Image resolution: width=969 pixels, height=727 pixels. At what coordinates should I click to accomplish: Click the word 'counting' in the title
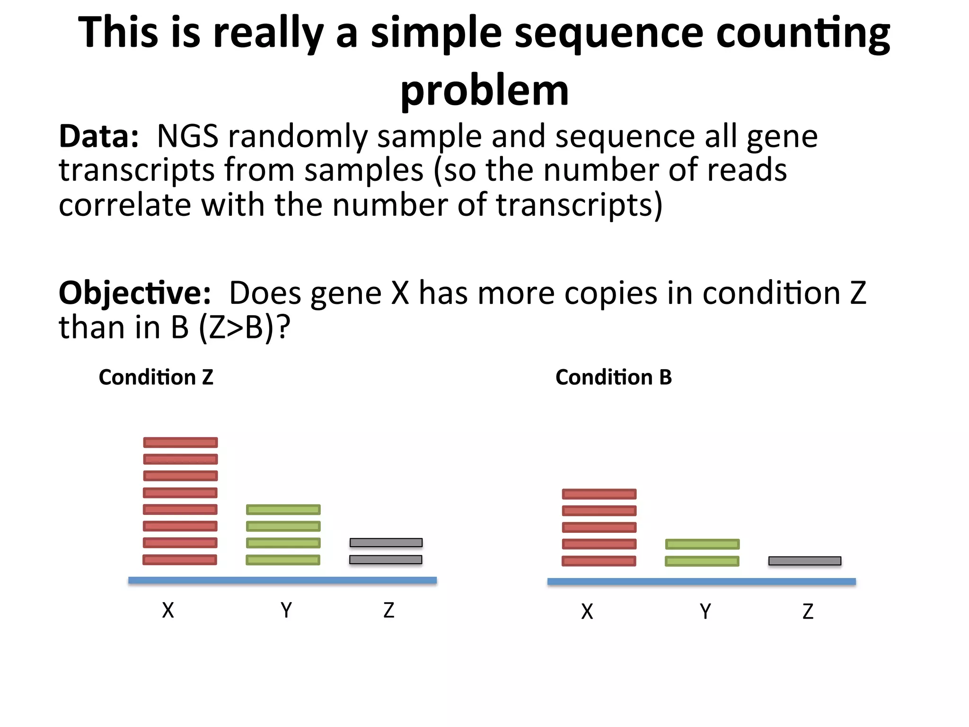pos(802,33)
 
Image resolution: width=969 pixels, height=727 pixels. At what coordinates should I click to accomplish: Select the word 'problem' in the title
pos(484,91)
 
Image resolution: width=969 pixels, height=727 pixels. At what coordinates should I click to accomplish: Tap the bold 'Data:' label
pos(98,136)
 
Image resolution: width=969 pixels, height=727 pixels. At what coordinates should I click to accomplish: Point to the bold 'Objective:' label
pos(134,293)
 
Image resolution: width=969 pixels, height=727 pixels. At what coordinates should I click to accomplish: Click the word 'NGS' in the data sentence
pos(187,136)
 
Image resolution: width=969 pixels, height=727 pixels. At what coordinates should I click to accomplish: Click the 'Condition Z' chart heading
pos(156,377)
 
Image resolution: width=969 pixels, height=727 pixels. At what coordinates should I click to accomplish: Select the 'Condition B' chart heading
pos(613,377)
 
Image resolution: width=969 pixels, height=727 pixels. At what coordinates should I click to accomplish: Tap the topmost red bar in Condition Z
pos(180,443)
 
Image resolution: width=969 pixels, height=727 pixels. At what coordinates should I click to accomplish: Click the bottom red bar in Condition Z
pos(180,560)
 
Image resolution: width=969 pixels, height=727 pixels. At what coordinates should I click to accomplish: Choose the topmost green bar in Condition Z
pos(283,510)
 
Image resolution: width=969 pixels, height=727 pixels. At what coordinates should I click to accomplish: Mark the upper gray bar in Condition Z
pos(386,542)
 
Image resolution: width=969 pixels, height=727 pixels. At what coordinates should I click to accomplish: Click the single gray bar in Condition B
pos(804,561)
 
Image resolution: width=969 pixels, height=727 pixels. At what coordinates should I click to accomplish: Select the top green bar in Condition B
pos(702,544)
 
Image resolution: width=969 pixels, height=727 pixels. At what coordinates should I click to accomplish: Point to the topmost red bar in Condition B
pos(599,494)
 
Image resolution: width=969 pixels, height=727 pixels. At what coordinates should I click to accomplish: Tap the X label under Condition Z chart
pos(168,611)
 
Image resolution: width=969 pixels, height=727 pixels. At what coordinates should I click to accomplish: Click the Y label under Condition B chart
pos(705,612)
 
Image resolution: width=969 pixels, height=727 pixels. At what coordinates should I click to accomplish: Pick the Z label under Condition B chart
pos(808,612)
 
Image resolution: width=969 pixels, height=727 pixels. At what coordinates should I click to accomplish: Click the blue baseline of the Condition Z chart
pos(282,580)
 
